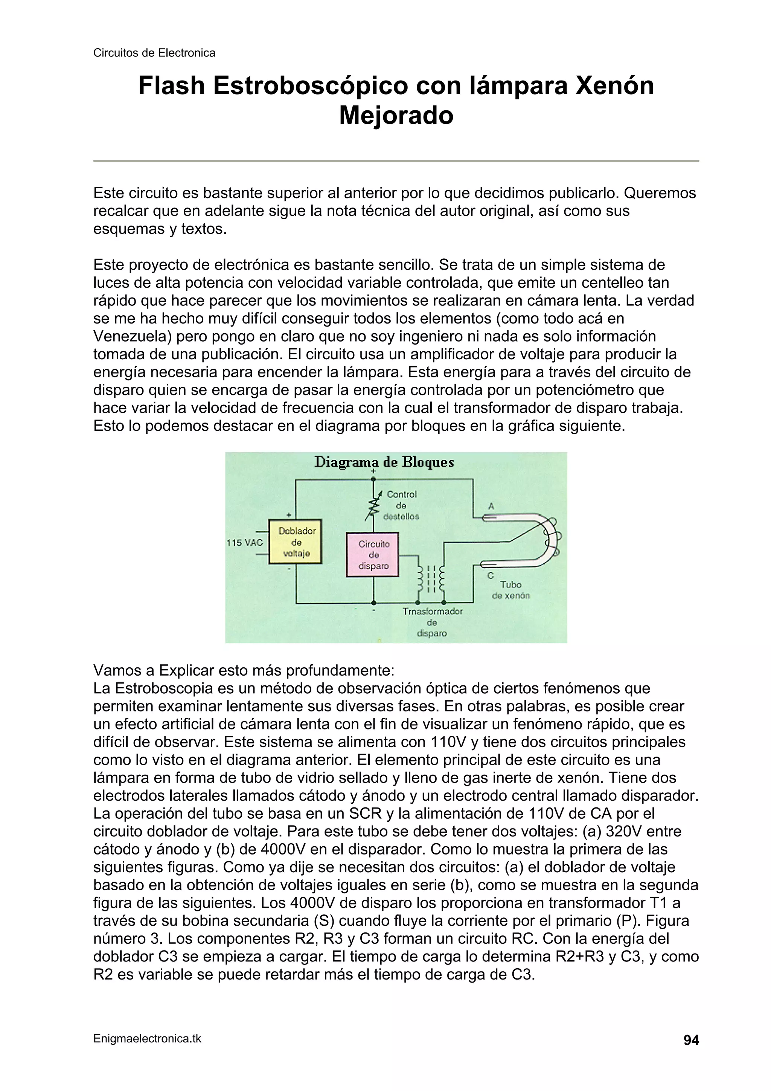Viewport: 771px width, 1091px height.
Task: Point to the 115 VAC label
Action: pyautogui.click(x=245, y=542)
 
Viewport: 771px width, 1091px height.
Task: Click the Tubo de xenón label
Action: pyautogui.click(x=511, y=590)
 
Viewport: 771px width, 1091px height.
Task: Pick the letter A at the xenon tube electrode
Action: pyautogui.click(x=491, y=507)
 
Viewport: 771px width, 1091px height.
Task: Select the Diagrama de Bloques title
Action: pyautogui.click(x=384, y=462)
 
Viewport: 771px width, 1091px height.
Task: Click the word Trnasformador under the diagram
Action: pyautogui.click(x=432, y=612)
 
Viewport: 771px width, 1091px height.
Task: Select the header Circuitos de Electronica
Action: pyautogui.click(x=154, y=53)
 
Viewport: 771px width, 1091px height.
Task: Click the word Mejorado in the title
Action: pyautogui.click(x=396, y=116)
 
